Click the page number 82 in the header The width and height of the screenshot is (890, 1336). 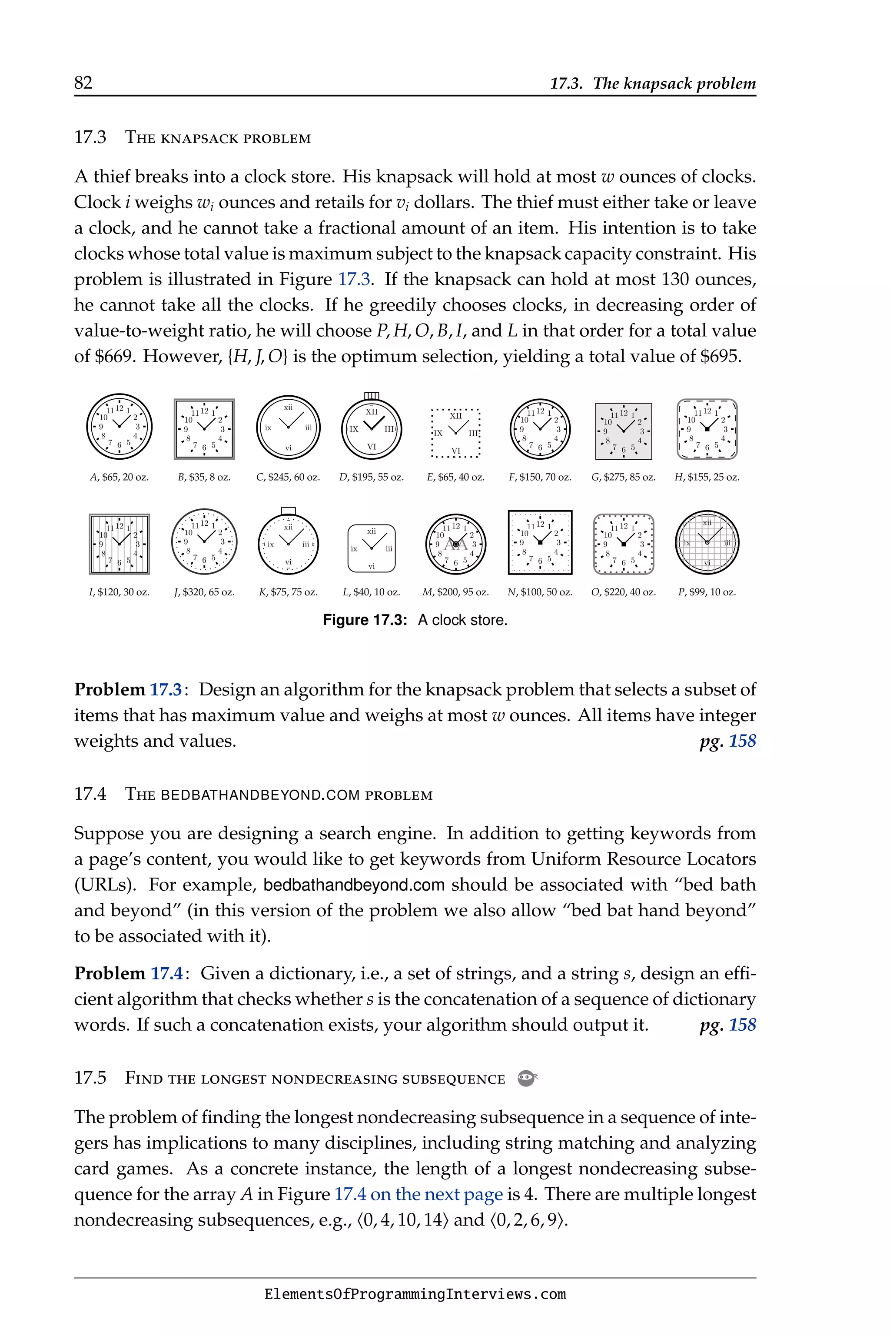click(x=83, y=83)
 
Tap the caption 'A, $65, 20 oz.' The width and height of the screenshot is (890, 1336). click(x=119, y=477)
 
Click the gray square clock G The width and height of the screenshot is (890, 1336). click(x=623, y=431)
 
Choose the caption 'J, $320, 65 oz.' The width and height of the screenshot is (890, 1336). click(x=204, y=592)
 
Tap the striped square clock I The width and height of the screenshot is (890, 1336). click(x=119, y=544)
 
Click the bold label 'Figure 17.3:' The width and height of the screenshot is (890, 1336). click(x=365, y=620)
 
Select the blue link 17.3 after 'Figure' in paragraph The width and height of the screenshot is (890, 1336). click(x=354, y=280)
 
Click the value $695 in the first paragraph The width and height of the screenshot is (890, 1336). click(x=720, y=357)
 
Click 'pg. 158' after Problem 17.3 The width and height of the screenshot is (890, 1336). click(x=727, y=741)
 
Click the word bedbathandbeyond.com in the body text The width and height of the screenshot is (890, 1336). click(x=354, y=885)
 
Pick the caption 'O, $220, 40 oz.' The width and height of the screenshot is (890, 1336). click(x=623, y=592)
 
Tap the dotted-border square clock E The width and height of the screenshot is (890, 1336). click(x=455, y=433)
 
